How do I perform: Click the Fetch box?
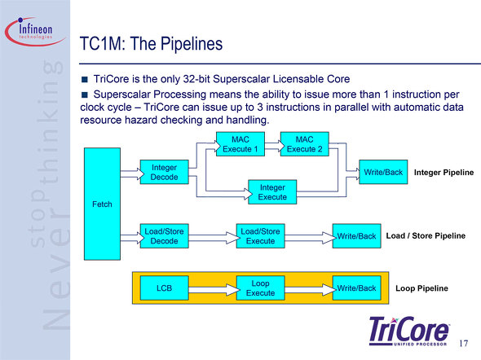(x=102, y=204)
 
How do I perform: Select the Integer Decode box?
(x=164, y=172)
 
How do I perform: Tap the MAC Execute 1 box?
(x=240, y=144)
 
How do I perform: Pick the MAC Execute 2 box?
(x=305, y=144)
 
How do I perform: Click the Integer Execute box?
(x=272, y=191)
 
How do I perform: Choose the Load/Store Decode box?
(x=164, y=236)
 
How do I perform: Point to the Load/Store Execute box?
(x=260, y=236)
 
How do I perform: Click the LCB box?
(x=164, y=288)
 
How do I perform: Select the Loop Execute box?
(x=260, y=288)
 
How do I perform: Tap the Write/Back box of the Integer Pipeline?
(x=383, y=172)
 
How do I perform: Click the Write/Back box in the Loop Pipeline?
(x=357, y=288)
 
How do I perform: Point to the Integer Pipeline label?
(x=443, y=173)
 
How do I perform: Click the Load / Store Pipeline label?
(x=426, y=235)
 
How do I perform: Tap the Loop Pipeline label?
(x=421, y=288)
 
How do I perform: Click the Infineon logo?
(x=35, y=32)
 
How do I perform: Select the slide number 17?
(x=464, y=343)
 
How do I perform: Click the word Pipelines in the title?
(x=192, y=44)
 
